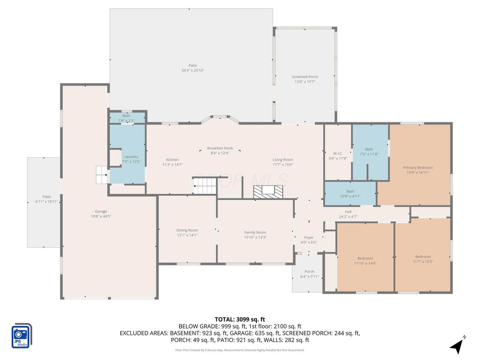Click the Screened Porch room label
coord(304,77)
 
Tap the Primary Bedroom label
coord(418,168)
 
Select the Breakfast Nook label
coord(220,148)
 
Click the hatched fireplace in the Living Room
coord(268,192)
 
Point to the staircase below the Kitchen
coord(204,186)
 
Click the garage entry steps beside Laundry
coord(102,175)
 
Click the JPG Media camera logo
coord(21,336)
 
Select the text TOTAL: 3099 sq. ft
coord(240,319)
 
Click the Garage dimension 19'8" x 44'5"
coord(101,216)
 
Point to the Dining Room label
coord(187,230)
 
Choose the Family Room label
coord(255,232)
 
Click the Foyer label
coord(309,237)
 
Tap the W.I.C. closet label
coord(338,153)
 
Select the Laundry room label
coord(131,157)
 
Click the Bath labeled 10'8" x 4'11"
coord(350,193)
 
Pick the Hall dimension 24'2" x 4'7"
coord(348,217)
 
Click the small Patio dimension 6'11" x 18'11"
coord(46,201)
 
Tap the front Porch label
coord(309,271)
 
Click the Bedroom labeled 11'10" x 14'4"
coord(365,261)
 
